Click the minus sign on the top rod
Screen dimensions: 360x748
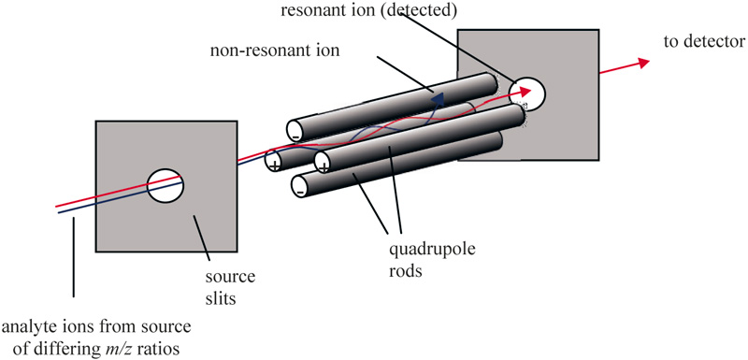(x=295, y=136)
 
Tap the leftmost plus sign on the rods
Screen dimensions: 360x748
(x=274, y=164)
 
